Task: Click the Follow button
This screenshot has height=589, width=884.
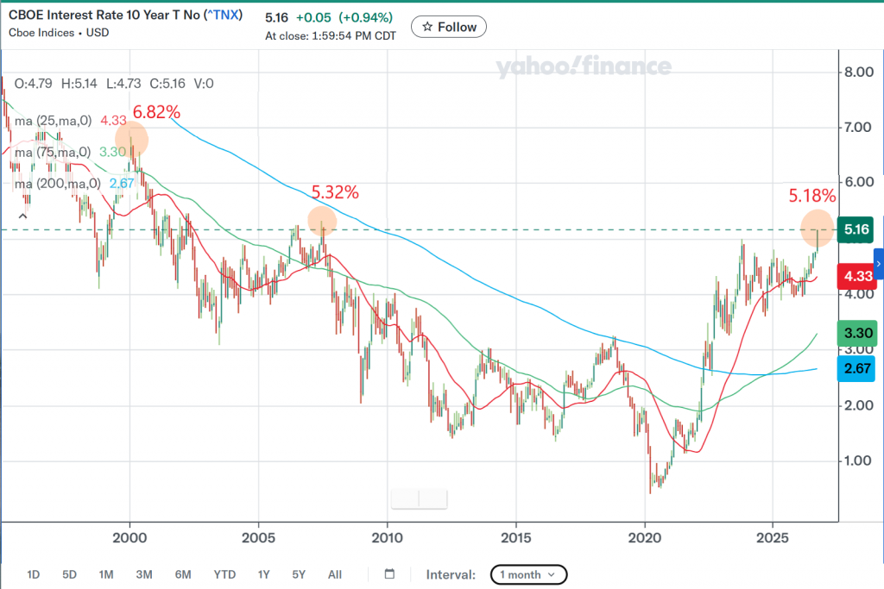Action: coord(449,27)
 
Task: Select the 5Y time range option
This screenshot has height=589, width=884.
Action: coord(299,574)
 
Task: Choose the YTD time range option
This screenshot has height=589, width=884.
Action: coord(224,574)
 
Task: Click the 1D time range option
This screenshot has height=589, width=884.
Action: coord(34,574)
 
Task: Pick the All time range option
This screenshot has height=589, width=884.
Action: coord(335,574)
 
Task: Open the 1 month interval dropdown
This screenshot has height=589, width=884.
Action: coord(528,574)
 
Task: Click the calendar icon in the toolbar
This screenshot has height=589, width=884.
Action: coord(389,573)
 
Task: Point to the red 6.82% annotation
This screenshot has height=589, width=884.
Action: coord(156,112)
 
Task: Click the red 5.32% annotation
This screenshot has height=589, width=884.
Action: coord(335,192)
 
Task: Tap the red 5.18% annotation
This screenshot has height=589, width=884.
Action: coord(811,196)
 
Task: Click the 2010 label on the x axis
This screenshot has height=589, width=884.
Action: coord(388,538)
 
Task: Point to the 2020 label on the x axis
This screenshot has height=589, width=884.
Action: coord(645,538)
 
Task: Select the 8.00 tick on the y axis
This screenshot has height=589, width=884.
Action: coord(859,72)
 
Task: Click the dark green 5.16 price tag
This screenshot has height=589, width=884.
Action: coord(856,229)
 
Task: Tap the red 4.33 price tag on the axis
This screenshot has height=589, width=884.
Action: coord(857,277)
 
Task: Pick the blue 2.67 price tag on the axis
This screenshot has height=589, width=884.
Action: coord(857,369)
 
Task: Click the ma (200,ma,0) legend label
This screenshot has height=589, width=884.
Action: coord(58,184)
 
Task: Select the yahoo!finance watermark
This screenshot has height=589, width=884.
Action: coord(584,66)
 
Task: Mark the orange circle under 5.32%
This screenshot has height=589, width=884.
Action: coord(322,221)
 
